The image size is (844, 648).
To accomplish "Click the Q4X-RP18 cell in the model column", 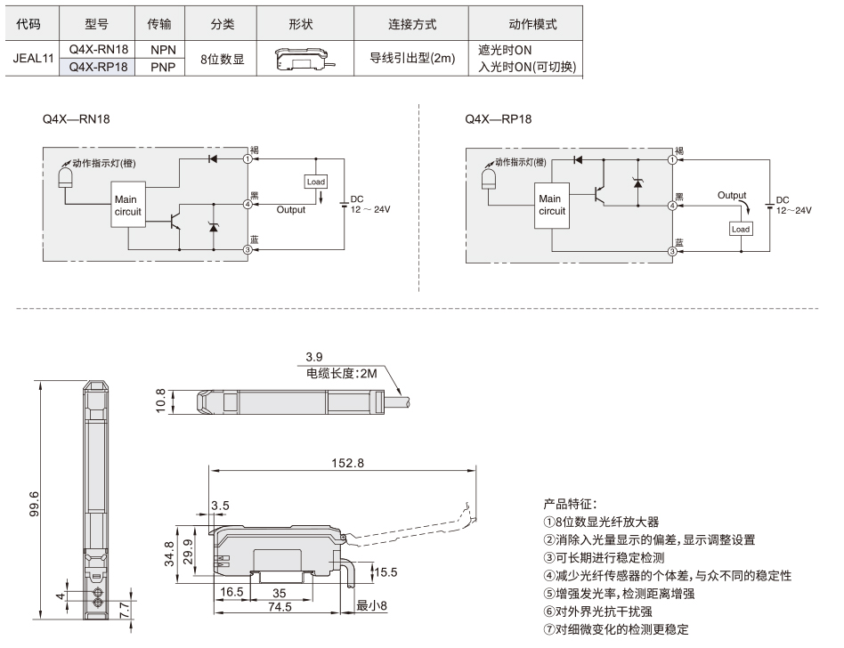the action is point(97,67).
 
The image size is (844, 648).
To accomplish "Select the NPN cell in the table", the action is point(163,50).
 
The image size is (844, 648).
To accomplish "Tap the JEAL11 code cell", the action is point(33,58).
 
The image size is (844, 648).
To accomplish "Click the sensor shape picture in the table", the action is point(305,58).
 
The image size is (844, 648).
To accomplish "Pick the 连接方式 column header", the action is point(412,24).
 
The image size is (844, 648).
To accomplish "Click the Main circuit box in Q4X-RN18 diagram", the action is point(128,205).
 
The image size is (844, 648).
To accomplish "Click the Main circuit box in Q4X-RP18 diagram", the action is point(552,205).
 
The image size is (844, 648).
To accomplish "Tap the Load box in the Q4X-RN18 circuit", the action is point(316,182).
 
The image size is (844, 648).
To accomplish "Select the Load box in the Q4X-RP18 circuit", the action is point(741,229).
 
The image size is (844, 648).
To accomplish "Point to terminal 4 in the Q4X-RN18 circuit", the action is point(248,205).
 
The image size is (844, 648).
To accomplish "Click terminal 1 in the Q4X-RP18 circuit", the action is point(672,160).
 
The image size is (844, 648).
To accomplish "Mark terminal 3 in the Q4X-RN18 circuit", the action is point(248,250).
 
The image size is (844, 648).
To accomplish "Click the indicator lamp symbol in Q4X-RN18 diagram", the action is point(65,178).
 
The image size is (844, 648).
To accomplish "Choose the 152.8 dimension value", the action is point(348,463).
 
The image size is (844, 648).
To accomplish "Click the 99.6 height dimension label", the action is point(34,503).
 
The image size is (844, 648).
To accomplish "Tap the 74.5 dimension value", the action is point(280,606).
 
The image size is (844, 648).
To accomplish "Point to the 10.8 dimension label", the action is point(160,401).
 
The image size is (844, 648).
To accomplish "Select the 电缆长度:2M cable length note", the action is point(341,373).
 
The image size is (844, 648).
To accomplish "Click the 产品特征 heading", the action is point(570,504).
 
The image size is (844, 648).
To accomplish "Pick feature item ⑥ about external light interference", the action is point(597,612).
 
